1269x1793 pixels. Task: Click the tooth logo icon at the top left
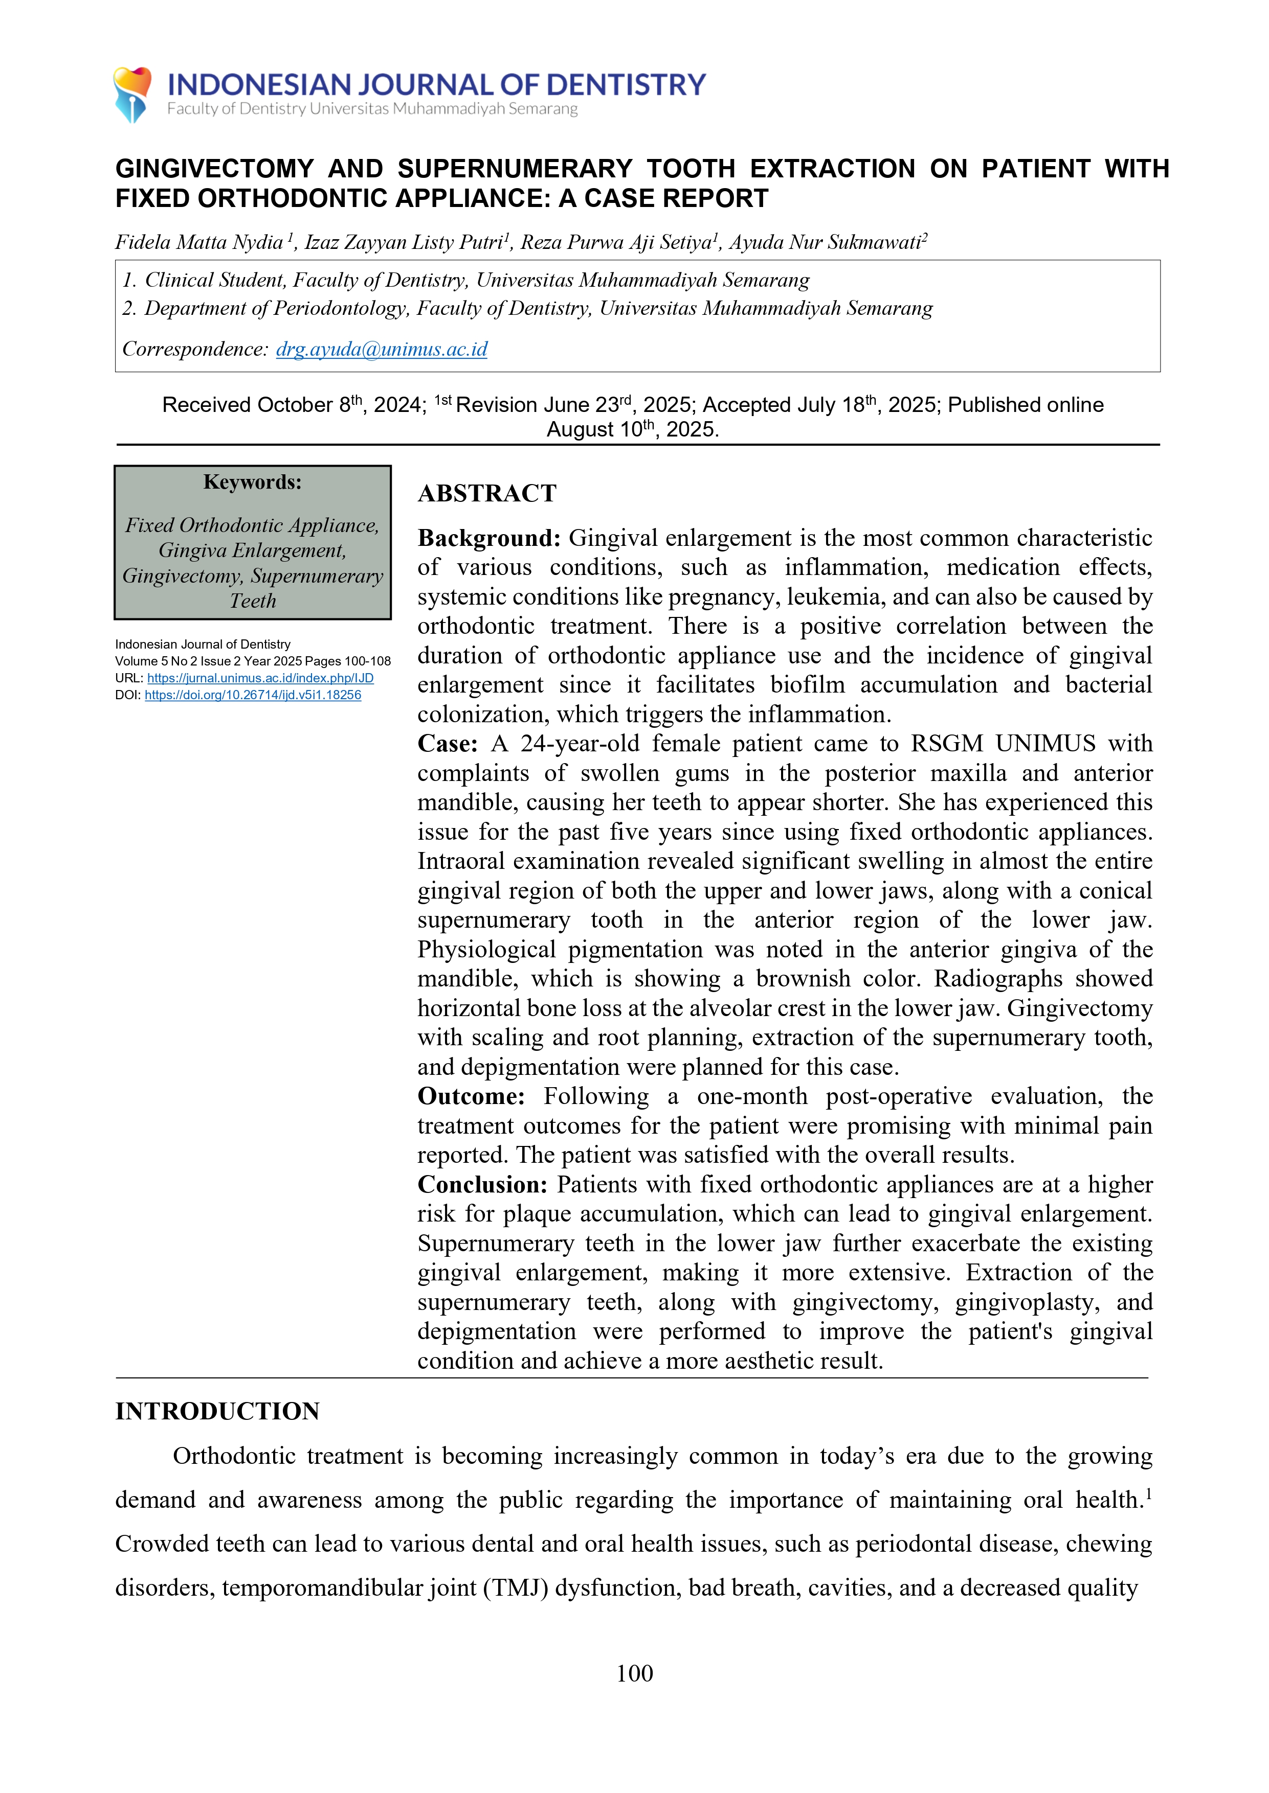pyautogui.click(x=132, y=94)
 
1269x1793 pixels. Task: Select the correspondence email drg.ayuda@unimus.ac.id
pyautogui.click(x=382, y=349)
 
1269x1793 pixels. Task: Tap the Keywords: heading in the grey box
pyautogui.click(x=252, y=482)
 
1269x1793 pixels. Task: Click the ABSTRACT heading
pyautogui.click(x=487, y=494)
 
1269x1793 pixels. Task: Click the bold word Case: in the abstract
pyautogui.click(x=447, y=744)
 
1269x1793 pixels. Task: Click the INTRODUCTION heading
pyautogui.click(x=217, y=1411)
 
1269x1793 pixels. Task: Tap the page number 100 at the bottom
pyautogui.click(x=634, y=1673)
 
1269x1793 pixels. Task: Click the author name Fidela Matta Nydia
pyautogui.click(x=199, y=242)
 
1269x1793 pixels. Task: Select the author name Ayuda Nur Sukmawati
pyautogui.click(x=825, y=242)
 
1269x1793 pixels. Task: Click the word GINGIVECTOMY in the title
pyautogui.click(x=214, y=169)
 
